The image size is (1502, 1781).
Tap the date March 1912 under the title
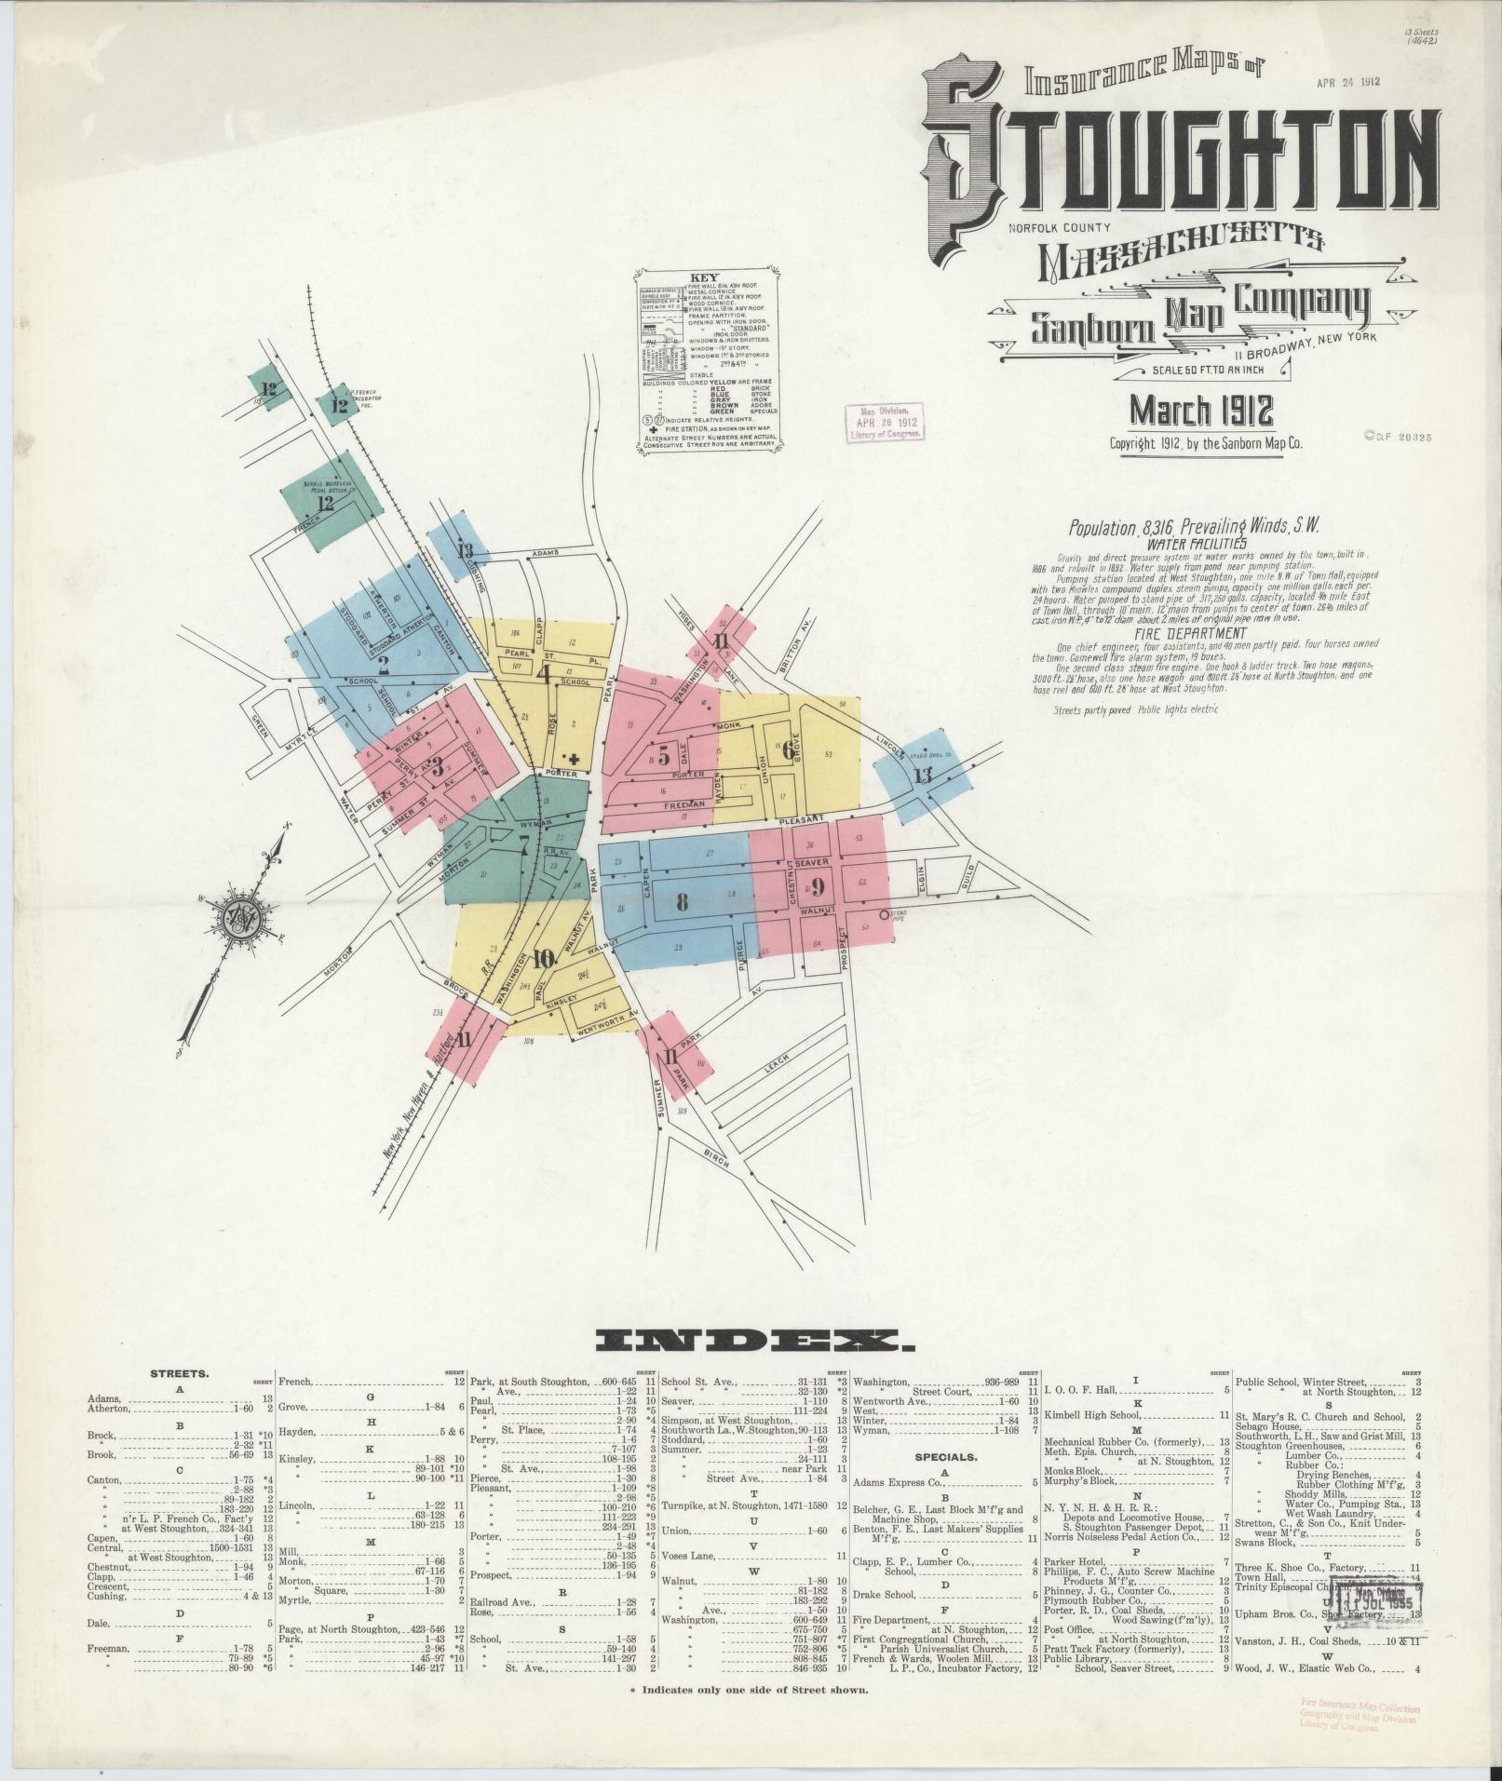[1201, 411]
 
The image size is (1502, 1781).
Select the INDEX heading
[755, 1342]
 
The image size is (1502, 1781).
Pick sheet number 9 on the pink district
[818, 885]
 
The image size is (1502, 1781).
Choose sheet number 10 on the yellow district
[544, 958]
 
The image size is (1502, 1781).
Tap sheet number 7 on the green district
[524, 844]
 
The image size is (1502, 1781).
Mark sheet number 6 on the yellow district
[789, 750]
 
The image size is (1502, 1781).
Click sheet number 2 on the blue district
[383, 665]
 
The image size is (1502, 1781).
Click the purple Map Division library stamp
[884, 421]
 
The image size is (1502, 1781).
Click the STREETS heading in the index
[180, 1373]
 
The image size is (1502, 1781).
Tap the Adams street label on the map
[545, 554]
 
